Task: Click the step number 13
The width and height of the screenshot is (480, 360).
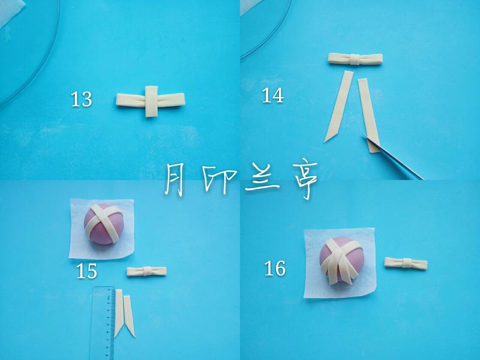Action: (82, 99)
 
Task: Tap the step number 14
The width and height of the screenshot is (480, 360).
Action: (273, 95)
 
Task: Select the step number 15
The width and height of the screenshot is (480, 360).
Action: (86, 271)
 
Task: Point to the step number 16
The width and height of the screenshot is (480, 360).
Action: (275, 268)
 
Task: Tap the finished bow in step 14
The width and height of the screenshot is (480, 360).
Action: (355, 59)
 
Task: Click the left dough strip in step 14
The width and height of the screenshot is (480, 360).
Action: (339, 106)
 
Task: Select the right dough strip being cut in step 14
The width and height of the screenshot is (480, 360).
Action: (369, 115)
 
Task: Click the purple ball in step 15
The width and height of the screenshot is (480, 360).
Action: (104, 224)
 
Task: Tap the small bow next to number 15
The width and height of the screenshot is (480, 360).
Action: (147, 271)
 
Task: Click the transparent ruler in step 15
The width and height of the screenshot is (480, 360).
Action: (103, 323)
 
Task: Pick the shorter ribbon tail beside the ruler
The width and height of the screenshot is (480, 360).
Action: (129, 316)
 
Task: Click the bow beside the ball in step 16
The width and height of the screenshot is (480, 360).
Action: (406, 263)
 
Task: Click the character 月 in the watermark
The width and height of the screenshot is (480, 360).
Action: (175, 178)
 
